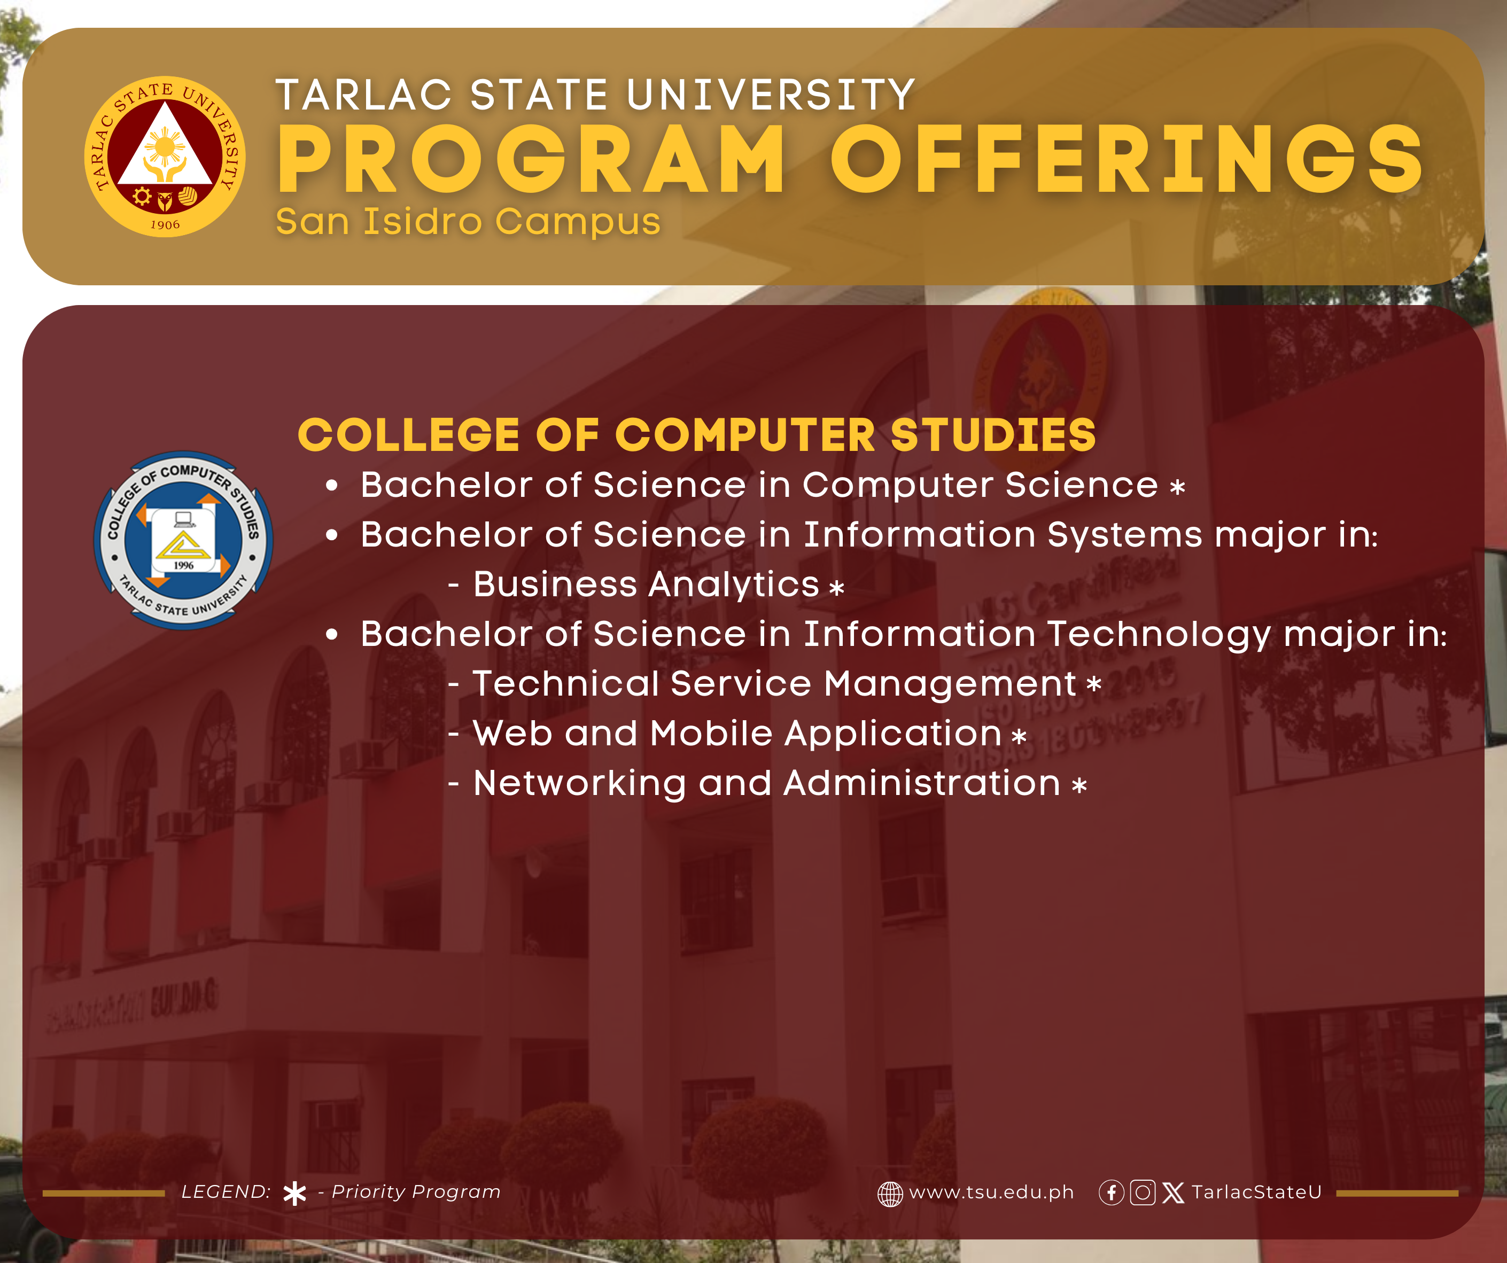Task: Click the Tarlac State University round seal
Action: (165, 157)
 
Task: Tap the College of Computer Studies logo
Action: (184, 540)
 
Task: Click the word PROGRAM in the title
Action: (532, 159)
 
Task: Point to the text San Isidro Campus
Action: (468, 221)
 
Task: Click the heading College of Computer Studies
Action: (697, 435)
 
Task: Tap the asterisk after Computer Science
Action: (1178, 488)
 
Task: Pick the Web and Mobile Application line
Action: (737, 734)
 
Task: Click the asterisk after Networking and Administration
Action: (1079, 786)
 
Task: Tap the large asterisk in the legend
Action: (295, 1194)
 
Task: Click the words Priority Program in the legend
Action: (416, 1192)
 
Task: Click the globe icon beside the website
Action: (890, 1194)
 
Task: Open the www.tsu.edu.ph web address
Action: (992, 1192)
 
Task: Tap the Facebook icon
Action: (1112, 1192)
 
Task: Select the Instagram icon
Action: (1143, 1192)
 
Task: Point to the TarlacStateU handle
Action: (1256, 1192)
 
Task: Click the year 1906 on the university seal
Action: (165, 224)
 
